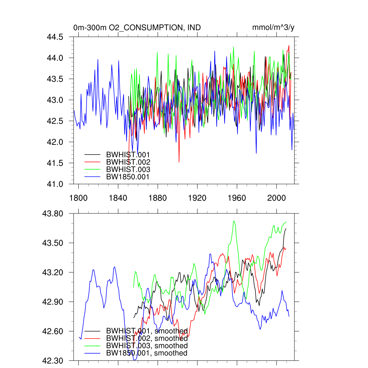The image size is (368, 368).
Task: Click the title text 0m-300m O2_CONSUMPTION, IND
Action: (137, 28)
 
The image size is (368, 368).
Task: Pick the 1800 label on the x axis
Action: (78, 198)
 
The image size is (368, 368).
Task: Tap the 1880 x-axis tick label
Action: (157, 198)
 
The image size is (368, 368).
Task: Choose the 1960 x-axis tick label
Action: (237, 198)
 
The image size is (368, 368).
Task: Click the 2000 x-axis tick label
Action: (276, 198)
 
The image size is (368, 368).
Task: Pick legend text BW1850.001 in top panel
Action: (128, 176)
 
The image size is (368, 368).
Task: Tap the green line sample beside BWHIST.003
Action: (92, 169)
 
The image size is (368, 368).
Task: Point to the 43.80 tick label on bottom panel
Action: (53, 213)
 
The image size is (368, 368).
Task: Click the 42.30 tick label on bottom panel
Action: (53, 360)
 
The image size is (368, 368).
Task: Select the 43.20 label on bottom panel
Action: (53, 272)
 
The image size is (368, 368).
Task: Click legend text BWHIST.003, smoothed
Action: (147, 346)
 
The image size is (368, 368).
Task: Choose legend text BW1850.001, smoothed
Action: (147, 353)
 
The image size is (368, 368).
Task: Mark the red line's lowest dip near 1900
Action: (179, 162)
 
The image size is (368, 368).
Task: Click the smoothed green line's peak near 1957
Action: (234, 221)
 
